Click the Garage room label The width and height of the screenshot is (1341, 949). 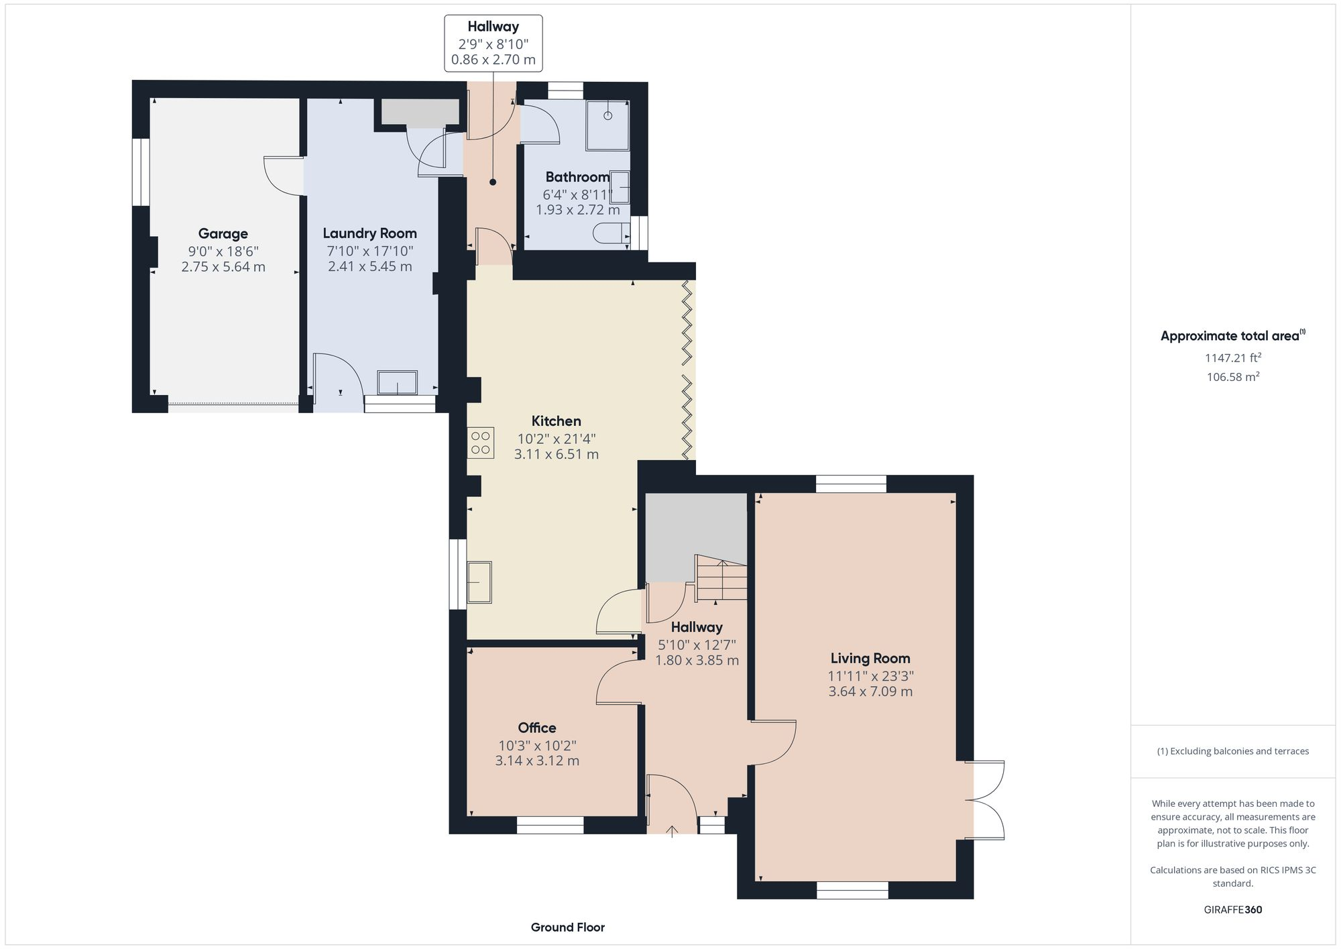223,233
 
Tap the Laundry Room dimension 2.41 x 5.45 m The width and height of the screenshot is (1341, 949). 369,266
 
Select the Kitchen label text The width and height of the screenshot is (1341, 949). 556,421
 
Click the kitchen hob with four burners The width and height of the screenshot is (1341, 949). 481,443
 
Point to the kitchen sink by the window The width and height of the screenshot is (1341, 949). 479,582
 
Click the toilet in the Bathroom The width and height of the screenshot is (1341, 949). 609,234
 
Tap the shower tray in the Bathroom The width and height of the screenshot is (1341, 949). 607,125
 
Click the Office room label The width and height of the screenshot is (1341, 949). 536,728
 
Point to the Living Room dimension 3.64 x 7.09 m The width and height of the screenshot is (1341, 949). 870,691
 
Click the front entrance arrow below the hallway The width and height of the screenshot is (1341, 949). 672,832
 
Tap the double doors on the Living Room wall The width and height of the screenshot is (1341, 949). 986,799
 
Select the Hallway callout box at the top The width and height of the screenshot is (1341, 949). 493,43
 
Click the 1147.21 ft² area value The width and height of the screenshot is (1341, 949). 1232,358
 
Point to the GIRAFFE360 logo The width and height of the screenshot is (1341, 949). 1232,910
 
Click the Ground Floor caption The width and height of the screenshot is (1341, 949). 567,928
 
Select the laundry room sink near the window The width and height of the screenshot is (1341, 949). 397,383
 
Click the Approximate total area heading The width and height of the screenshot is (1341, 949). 1232,336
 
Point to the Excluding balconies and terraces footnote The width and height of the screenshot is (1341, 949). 1232,751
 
